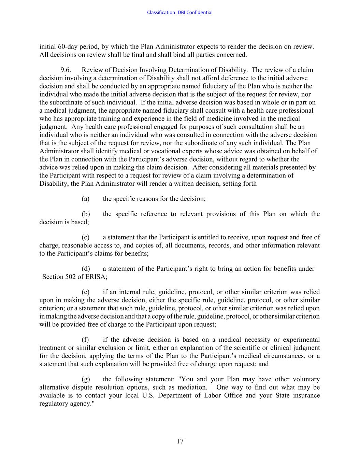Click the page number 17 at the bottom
(180, 441)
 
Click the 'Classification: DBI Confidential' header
(179, 13)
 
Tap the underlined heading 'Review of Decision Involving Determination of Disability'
(164, 70)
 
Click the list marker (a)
(86, 199)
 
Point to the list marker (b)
(86, 214)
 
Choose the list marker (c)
(86, 237)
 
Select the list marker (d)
(86, 269)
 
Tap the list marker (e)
(86, 292)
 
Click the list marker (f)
(86, 340)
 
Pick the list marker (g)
(86, 379)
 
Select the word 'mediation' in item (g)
(193, 387)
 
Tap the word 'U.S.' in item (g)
(148, 396)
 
